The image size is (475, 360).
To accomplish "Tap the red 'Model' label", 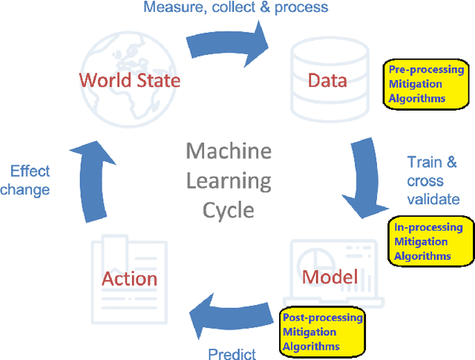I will pos(330,277).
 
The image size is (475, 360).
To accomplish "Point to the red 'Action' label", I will pos(129,278).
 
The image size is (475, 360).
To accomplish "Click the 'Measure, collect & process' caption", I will pos(235,8).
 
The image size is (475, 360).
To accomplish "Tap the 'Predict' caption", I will pos(232,353).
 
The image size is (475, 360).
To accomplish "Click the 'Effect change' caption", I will pos(25,180).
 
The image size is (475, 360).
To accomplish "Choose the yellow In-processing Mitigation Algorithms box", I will pos(431,241).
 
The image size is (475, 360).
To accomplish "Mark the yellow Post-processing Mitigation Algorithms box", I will pos(322,332).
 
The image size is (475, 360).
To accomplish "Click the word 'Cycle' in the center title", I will pos(229,209).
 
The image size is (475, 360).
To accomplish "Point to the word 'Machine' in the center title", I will pos(229,151).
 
